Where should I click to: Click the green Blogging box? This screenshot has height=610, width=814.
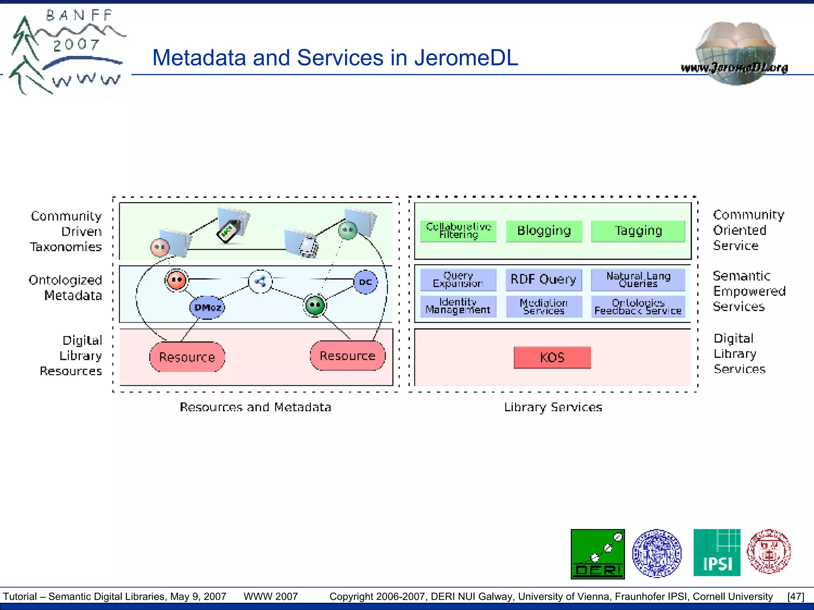click(544, 231)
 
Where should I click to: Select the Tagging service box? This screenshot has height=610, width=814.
click(638, 231)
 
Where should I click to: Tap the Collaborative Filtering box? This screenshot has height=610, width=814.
click(458, 231)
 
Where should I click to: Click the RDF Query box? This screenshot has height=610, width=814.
click(543, 280)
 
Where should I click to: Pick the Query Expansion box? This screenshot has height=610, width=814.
click(458, 280)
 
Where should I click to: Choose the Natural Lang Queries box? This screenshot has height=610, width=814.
click(638, 280)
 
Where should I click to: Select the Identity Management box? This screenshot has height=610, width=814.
click(458, 306)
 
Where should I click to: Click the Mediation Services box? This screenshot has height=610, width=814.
click(543, 306)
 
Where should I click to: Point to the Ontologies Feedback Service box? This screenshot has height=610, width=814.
click(638, 306)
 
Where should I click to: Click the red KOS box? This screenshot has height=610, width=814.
click(552, 357)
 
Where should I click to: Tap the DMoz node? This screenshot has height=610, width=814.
click(207, 307)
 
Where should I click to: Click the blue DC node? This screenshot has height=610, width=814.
click(365, 282)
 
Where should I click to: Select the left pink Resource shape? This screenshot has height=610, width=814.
click(187, 357)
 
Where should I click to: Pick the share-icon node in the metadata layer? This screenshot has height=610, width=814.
click(260, 282)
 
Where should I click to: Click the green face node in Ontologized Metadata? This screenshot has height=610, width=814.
click(315, 305)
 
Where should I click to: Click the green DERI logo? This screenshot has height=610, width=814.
click(597, 554)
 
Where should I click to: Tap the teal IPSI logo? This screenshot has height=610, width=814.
click(717, 552)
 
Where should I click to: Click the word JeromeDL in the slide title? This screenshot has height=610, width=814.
click(466, 58)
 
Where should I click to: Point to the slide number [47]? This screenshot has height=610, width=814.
click(795, 596)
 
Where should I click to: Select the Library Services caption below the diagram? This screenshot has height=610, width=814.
click(553, 407)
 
